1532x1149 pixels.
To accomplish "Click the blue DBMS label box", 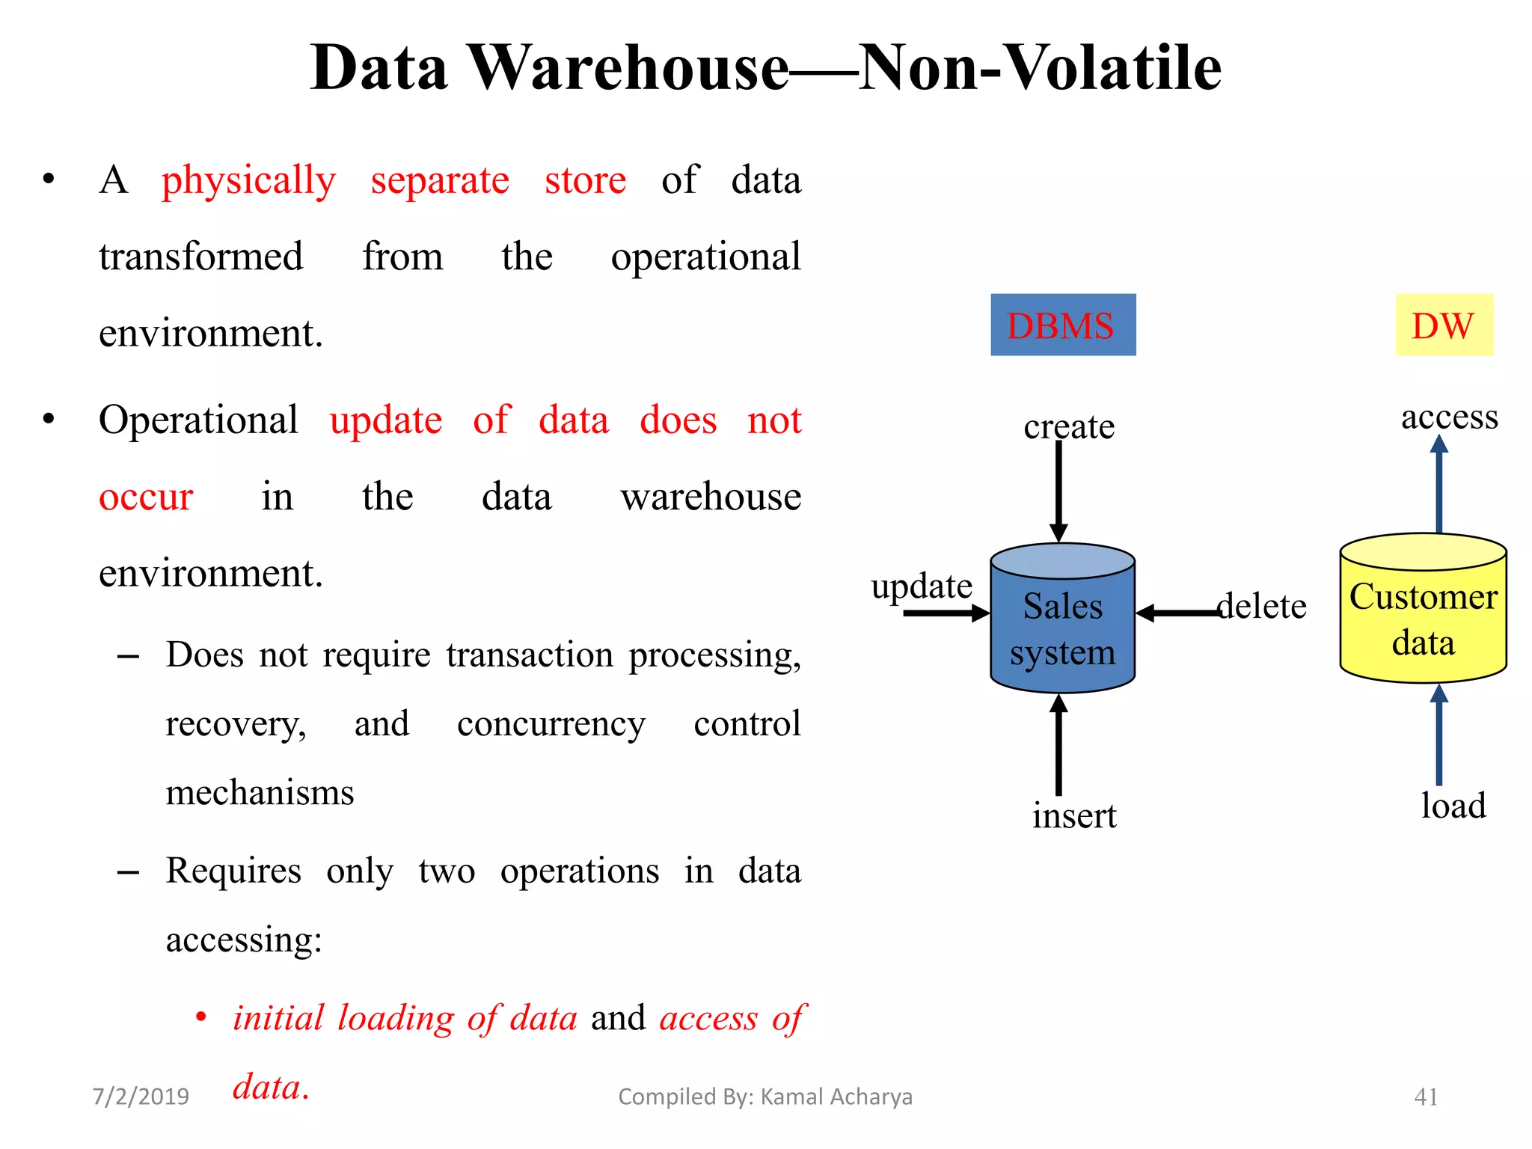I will (1062, 325).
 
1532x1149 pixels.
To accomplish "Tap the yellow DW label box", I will (1444, 325).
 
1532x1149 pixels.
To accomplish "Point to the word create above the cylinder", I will (1069, 426).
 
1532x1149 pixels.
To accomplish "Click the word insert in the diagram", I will (1074, 815).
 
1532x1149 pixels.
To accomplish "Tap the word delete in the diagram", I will (1263, 606).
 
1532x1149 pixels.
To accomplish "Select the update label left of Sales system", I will (922, 586).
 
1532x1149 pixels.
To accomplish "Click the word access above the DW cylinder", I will (1449, 417).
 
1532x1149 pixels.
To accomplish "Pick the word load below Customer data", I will (1453, 806).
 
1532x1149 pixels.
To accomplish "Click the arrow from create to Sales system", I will (1058, 490).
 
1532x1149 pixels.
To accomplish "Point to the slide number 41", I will (1426, 1097).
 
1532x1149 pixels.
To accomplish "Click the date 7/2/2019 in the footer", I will (141, 1097).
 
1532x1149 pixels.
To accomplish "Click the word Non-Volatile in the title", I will (1040, 67).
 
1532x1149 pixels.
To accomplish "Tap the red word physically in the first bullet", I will (248, 181).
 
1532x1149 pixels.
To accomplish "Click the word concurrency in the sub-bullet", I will (551, 724).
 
